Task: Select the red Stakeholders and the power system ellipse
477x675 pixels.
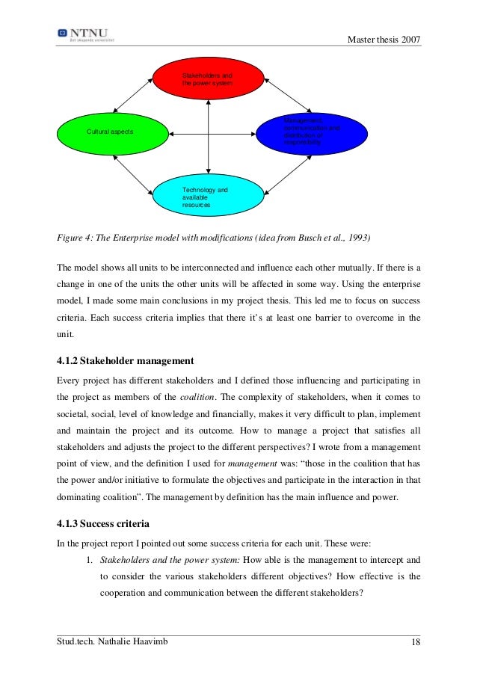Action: point(209,80)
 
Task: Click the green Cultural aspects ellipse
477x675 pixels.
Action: point(111,132)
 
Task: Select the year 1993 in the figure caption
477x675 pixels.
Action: point(356,238)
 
